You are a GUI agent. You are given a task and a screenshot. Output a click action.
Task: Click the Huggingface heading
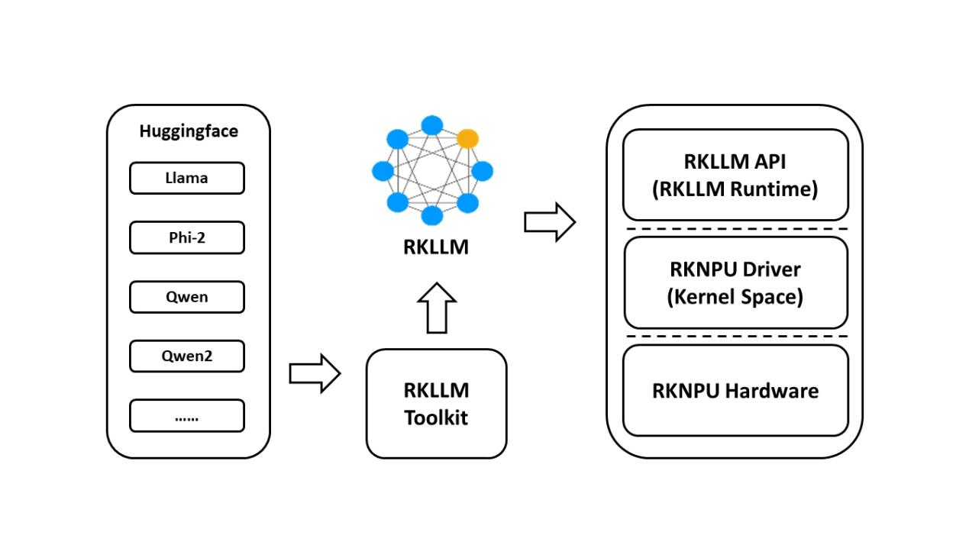click(x=188, y=131)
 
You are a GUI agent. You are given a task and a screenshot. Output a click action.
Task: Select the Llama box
click(x=187, y=179)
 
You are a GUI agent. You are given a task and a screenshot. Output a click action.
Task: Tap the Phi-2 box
click(x=187, y=237)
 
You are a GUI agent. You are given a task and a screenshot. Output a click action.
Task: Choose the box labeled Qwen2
click(x=187, y=356)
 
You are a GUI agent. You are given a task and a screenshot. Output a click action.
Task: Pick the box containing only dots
click(x=187, y=416)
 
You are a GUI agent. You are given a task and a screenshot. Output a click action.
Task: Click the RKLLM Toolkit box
click(x=436, y=404)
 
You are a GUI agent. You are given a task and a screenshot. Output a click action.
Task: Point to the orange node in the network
click(x=467, y=138)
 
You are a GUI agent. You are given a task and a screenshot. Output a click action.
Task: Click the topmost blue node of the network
click(x=432, y=125)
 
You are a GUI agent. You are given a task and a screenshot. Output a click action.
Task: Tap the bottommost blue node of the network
click(x=432, y=216)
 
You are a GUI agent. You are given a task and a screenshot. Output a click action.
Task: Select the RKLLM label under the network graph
click(x=436, y=247)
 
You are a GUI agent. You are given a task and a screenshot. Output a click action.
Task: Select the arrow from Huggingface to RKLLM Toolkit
click(x=315, y=374)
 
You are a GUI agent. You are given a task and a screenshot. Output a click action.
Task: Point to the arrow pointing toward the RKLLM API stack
click(x=550, y=222)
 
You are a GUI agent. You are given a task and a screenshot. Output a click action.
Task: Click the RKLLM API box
click(x=735, y=175)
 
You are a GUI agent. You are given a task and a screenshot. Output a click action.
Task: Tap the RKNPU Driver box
click(x=735, y=282)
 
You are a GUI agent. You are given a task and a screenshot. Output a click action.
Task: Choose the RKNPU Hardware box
click(x=735, y=391)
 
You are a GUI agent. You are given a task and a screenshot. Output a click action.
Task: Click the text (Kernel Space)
click(x=735, y=297)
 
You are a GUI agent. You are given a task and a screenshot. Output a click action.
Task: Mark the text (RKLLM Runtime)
click(x=735, y=189)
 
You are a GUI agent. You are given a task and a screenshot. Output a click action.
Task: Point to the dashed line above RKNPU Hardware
click(x=735, y=337)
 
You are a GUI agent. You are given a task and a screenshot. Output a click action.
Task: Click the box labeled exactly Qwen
click(x=187, y=297)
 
